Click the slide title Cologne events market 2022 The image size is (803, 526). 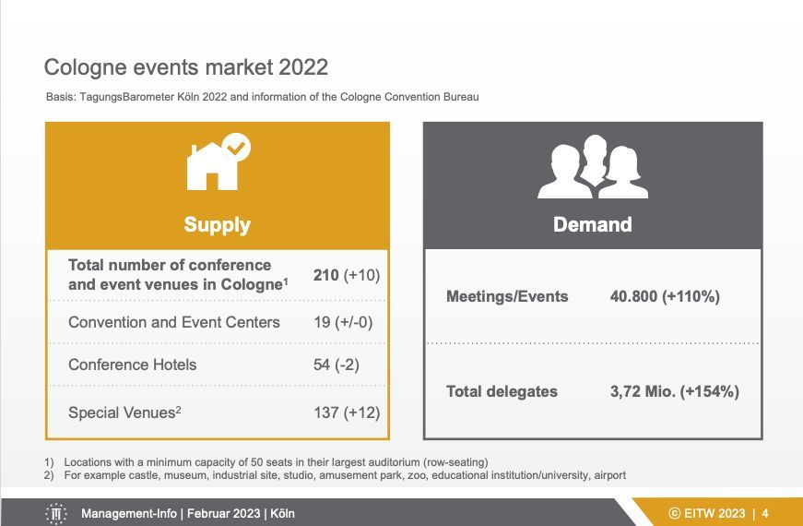pos(186,67)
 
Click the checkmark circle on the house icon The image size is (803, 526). pos(236,148)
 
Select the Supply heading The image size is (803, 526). pos(218,224)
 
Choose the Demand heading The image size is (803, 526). pos(593,224)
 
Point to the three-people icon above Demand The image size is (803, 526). pos(593,167)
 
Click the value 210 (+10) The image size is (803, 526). pos(347,275)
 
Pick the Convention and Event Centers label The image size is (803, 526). pos(174,322)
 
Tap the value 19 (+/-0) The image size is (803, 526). pos(343,322)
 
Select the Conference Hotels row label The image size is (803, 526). pos(132,365)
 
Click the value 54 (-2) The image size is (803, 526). pos(337,365)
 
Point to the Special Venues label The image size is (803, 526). pos(124,412)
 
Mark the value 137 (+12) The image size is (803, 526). pos(347,412)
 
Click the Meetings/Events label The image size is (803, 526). pos(507,296)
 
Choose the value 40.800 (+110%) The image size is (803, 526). pos(665,296)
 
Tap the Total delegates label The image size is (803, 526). pos(502,391)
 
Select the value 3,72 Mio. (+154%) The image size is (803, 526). pos(675,391)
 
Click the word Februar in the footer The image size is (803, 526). pos(205,513)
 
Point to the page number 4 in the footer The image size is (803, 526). pos(765,513)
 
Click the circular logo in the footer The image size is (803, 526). pos(56,513)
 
